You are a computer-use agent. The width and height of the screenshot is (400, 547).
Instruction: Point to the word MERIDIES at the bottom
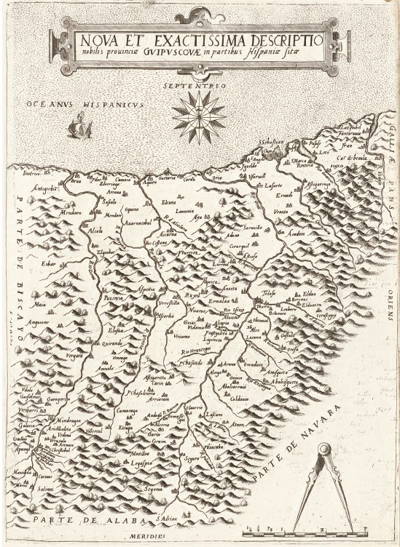coord(196,539)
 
